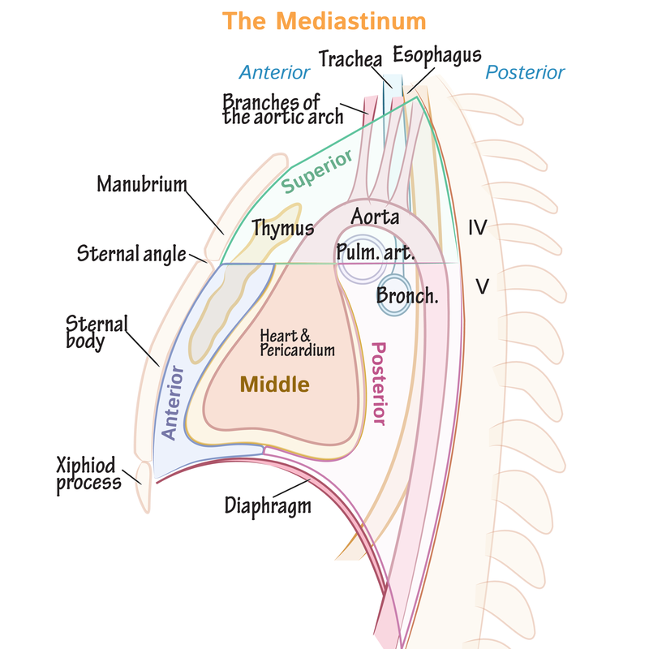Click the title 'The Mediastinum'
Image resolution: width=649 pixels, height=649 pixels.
(x=324, y=20)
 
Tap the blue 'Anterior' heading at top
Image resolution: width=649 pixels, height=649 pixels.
(x=274, y=72)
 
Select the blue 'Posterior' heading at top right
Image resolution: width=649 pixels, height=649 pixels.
(x=525, y=72)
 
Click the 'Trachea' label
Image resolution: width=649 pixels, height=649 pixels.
(x=350, y=58)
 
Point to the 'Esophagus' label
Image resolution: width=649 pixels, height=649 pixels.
(x=437, y=54)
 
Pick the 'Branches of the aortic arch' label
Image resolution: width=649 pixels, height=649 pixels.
(x=272, y=109)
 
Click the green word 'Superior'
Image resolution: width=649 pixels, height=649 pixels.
(x=319, y=172)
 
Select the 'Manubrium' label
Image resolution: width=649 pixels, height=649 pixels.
(x=141, y=184)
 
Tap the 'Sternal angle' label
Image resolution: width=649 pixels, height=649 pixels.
(x=131, y=254)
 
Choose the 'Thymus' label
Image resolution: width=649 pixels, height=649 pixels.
(x=282, y=228)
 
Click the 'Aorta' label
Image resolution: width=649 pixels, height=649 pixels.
(x=375, y=217)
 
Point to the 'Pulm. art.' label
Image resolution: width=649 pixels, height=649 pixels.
(x=376, y=252)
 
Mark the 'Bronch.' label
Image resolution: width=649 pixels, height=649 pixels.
(x=407, y=296)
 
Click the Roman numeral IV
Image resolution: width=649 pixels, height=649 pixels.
(x=477, y=228)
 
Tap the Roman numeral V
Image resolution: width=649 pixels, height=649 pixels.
(x=481, y=286)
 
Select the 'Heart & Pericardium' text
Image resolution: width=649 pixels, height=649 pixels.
(x=298, y=342)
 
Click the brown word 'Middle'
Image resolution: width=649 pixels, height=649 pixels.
(x=273, y=385)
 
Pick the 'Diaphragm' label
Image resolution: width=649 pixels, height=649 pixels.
(x=267, y=505)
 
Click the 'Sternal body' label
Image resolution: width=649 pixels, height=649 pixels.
(x=97, y=333)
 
